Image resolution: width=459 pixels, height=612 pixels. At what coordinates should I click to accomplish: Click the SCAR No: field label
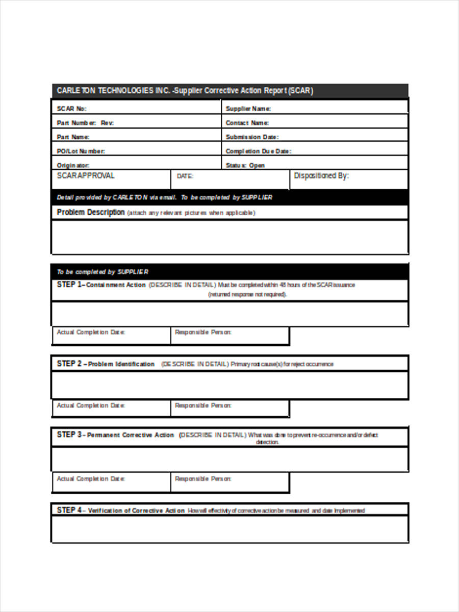[71, 109]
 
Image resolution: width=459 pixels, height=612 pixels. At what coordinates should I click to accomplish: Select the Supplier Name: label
[248, 109]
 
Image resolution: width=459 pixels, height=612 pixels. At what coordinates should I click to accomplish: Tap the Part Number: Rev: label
[85, 123]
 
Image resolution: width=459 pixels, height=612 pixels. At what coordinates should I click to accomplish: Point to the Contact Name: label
[247, 123]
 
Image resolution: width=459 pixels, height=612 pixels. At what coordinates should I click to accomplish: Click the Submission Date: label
[252, 137]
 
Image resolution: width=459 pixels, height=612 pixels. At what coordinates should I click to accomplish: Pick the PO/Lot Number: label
[81, 151]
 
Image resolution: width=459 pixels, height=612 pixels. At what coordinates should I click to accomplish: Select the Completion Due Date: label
[258, 151]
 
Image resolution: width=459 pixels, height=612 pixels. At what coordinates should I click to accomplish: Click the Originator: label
[73, 165]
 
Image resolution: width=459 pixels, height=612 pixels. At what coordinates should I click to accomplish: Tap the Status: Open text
[245, 165]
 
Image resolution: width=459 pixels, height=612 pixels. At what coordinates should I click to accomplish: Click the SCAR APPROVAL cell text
[86, 175]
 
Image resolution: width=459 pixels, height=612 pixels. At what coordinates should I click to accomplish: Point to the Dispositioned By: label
[321, 175]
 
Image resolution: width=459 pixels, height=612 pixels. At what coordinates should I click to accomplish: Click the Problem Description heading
[91, 212]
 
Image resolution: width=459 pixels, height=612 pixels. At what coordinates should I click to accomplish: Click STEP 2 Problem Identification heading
[105, 364]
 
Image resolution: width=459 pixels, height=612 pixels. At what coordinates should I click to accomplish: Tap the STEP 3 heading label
[115, 435]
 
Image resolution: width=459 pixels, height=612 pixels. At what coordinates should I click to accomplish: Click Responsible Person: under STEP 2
[203, 405]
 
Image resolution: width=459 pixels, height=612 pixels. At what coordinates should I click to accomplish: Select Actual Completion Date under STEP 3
[91, 479]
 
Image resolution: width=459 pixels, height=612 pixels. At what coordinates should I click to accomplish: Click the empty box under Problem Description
[229, 237]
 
